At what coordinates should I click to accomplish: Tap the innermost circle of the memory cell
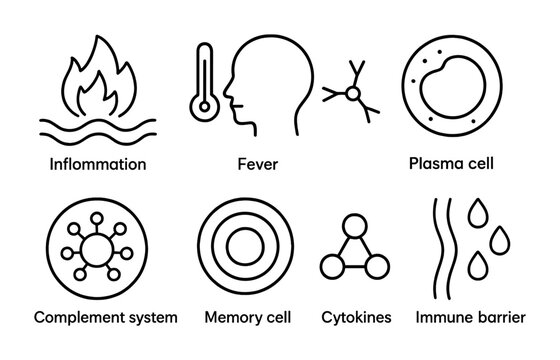tap(245, 244)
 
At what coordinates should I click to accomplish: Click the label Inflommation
tap(98, 163)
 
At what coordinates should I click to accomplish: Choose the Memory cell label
tap(246, 318)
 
